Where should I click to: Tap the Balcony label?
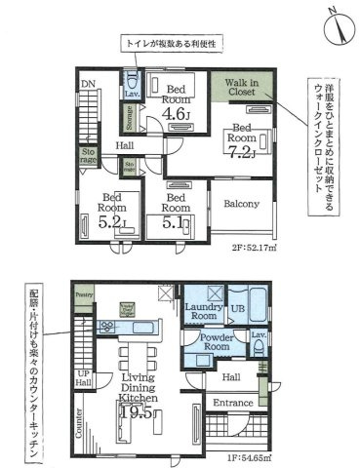241,204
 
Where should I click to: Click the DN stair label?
88,84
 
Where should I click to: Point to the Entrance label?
232,403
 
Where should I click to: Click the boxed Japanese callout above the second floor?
172,44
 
